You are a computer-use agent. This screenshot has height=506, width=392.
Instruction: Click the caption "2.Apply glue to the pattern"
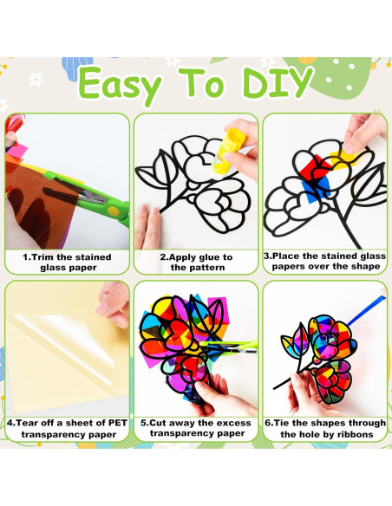pos(196,262)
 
